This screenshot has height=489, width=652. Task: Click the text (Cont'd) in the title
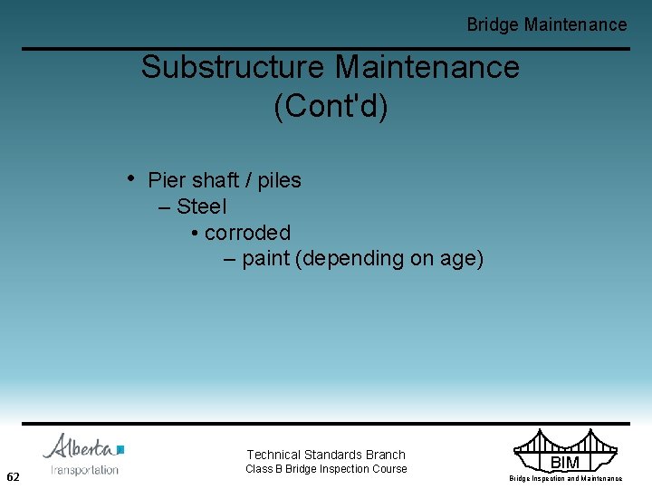click(331, 107)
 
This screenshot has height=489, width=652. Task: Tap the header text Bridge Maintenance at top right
click(546, 24)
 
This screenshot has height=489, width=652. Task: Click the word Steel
click(202, 206)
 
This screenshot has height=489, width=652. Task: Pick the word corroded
click(247, 233)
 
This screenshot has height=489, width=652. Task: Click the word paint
click(266, 259)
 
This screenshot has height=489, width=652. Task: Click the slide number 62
click(14, 476)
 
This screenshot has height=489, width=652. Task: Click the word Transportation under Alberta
click(84, 469)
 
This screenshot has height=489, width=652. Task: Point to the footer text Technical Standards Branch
click(326, 455)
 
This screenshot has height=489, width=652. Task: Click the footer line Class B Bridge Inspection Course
click(326, 469)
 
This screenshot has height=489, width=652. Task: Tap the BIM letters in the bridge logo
click(564, 463)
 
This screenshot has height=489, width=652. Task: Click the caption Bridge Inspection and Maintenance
click(565, 478)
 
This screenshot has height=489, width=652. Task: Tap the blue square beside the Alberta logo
click(120, 448)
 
